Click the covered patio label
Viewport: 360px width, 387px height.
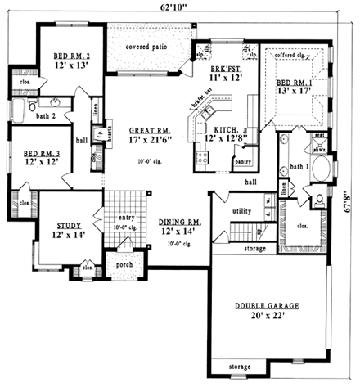[146, 47]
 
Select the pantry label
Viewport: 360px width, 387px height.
[241, 162]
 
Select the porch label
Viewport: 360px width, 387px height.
[125, 264]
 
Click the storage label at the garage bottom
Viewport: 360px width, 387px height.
[240, 367]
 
